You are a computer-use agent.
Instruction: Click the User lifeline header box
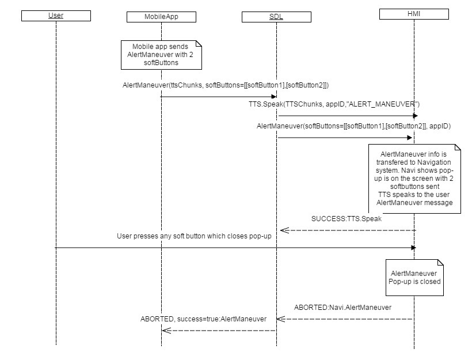(56, 16)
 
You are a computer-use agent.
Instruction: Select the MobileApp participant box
(161, 17)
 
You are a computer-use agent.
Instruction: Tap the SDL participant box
(276, 17)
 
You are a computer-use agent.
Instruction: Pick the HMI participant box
(414, 13)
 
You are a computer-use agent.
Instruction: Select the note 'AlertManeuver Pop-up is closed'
(414, 277)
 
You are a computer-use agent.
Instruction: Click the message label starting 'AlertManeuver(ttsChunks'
(226, 85)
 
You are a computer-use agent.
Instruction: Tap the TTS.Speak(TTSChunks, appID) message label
(330, 104)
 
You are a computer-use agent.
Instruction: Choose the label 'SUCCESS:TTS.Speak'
(347, 219)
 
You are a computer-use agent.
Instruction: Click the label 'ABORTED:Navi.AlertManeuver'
(342, 308)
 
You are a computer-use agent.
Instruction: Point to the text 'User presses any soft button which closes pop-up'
(194, 236)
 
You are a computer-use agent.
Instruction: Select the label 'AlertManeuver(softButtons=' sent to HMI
(353, 126)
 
